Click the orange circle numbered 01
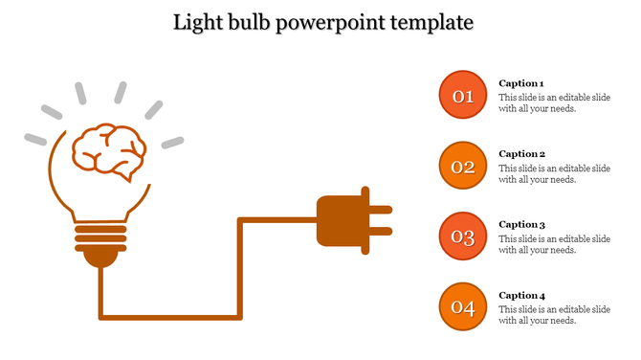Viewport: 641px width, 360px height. point(463,96)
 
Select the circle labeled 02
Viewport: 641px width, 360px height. point(463,167)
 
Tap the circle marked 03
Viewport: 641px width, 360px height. point(463,237)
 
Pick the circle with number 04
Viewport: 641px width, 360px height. point(463,307)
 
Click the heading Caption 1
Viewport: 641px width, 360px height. point(522,83)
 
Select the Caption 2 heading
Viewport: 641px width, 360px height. point(522,153)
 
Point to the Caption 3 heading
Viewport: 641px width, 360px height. point(522,224)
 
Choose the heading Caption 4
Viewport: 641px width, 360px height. point(522,296)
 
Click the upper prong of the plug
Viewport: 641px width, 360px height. point(381,208)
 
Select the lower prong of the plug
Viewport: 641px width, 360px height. point(381,231)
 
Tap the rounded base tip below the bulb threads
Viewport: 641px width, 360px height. point(99,257)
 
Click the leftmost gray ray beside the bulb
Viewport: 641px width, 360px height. point(35,139)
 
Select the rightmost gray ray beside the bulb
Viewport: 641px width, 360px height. point(172,143)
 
